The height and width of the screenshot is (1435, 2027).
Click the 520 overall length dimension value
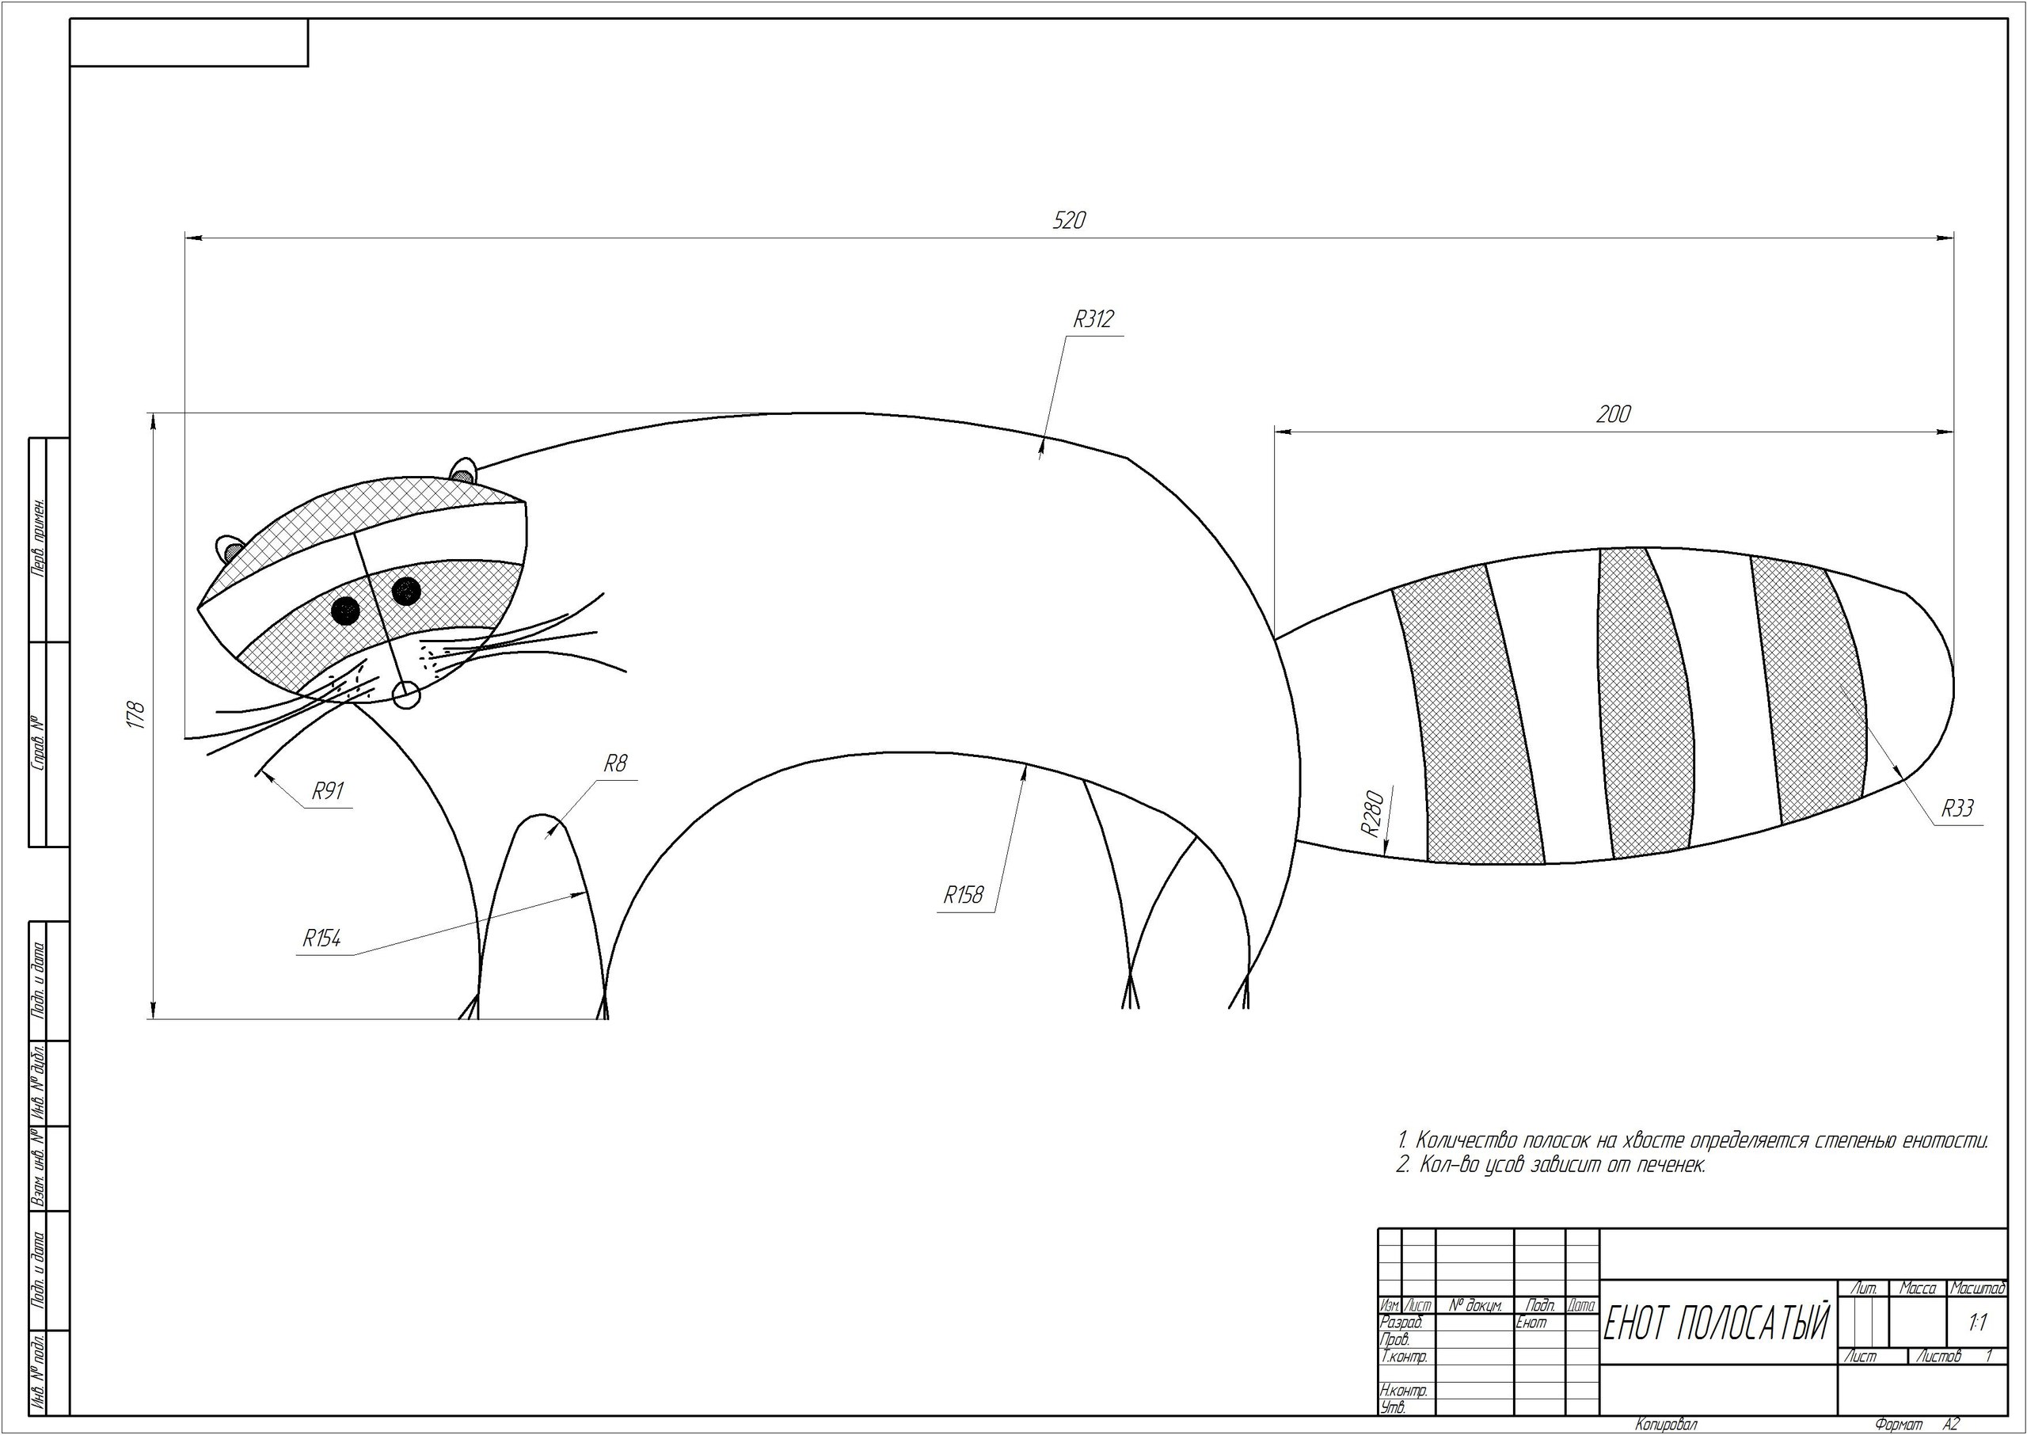(x=1069, y=220)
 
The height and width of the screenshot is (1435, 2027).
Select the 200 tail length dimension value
(x=1613, y=414)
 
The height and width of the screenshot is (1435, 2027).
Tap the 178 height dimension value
(x=135, y=715)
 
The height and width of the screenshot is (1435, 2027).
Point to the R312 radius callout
(x=1093, y=319)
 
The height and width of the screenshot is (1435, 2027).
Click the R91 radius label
(x=327, y=791)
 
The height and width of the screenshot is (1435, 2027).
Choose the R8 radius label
(x=614, y=763)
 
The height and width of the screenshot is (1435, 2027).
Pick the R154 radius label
(x=321, y=938)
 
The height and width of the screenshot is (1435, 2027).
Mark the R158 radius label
(x=963, y=895)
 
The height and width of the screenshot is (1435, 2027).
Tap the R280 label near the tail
(x=1370, y=814)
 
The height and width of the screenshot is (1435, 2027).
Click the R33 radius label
(x=1957, y=808)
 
